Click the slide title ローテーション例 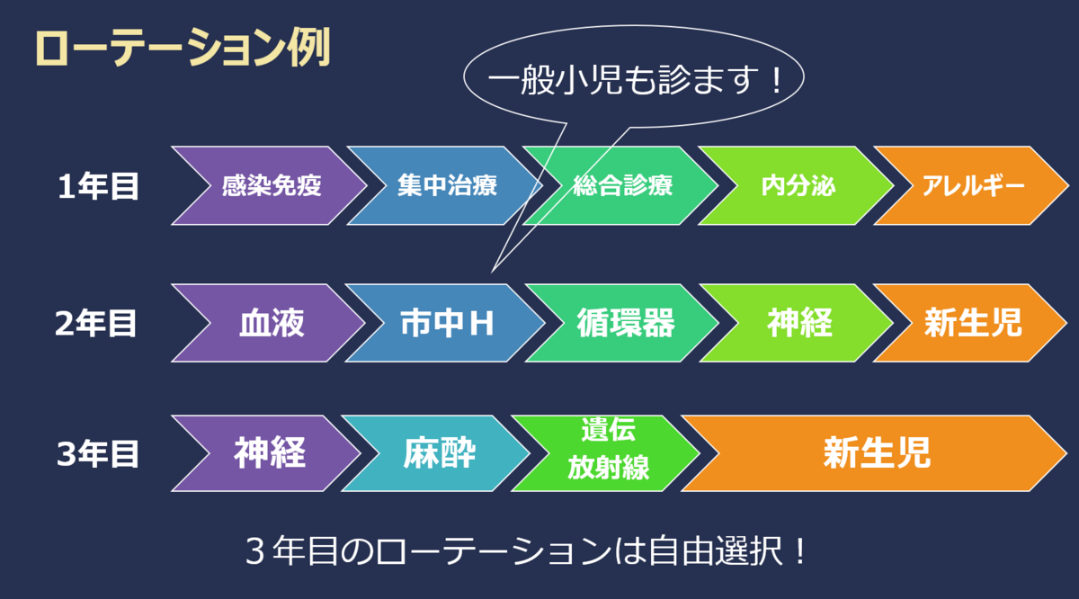coord(183,48)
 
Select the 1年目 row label coord(98,186)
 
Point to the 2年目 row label coord(96,323)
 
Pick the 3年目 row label coord(98,454)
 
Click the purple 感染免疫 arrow coord(270,185)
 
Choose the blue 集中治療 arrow coord(446,185)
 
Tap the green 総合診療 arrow coord(621,185)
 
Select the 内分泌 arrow coord(798,185)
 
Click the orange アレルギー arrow coord(972,185)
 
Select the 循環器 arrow coord(622,323)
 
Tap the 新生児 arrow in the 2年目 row coord(970,323)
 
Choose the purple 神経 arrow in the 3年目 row coord(267,453)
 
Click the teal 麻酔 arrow coord(437,453)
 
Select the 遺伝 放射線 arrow coord(607,453)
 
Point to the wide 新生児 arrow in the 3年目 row coord(875,453)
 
